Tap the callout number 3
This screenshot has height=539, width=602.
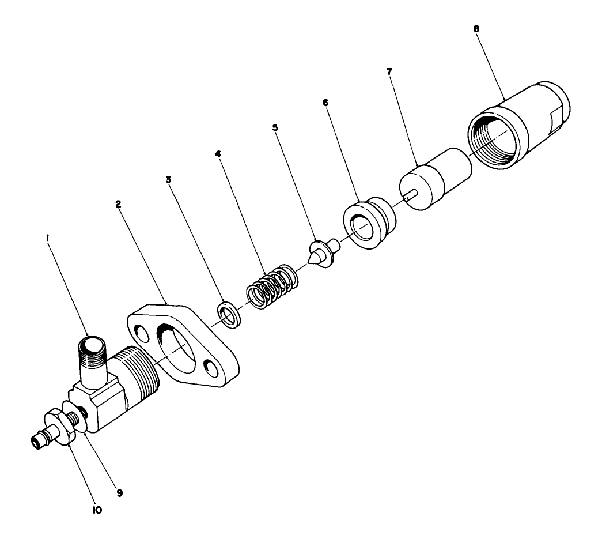(x=169, y=179)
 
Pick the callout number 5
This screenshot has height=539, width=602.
(x=275, y=127)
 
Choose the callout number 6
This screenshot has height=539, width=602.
(x=325, y=101)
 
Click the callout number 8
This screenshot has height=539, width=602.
(x=476, y=28)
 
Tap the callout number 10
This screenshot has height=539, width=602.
(x=97, y=510)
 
